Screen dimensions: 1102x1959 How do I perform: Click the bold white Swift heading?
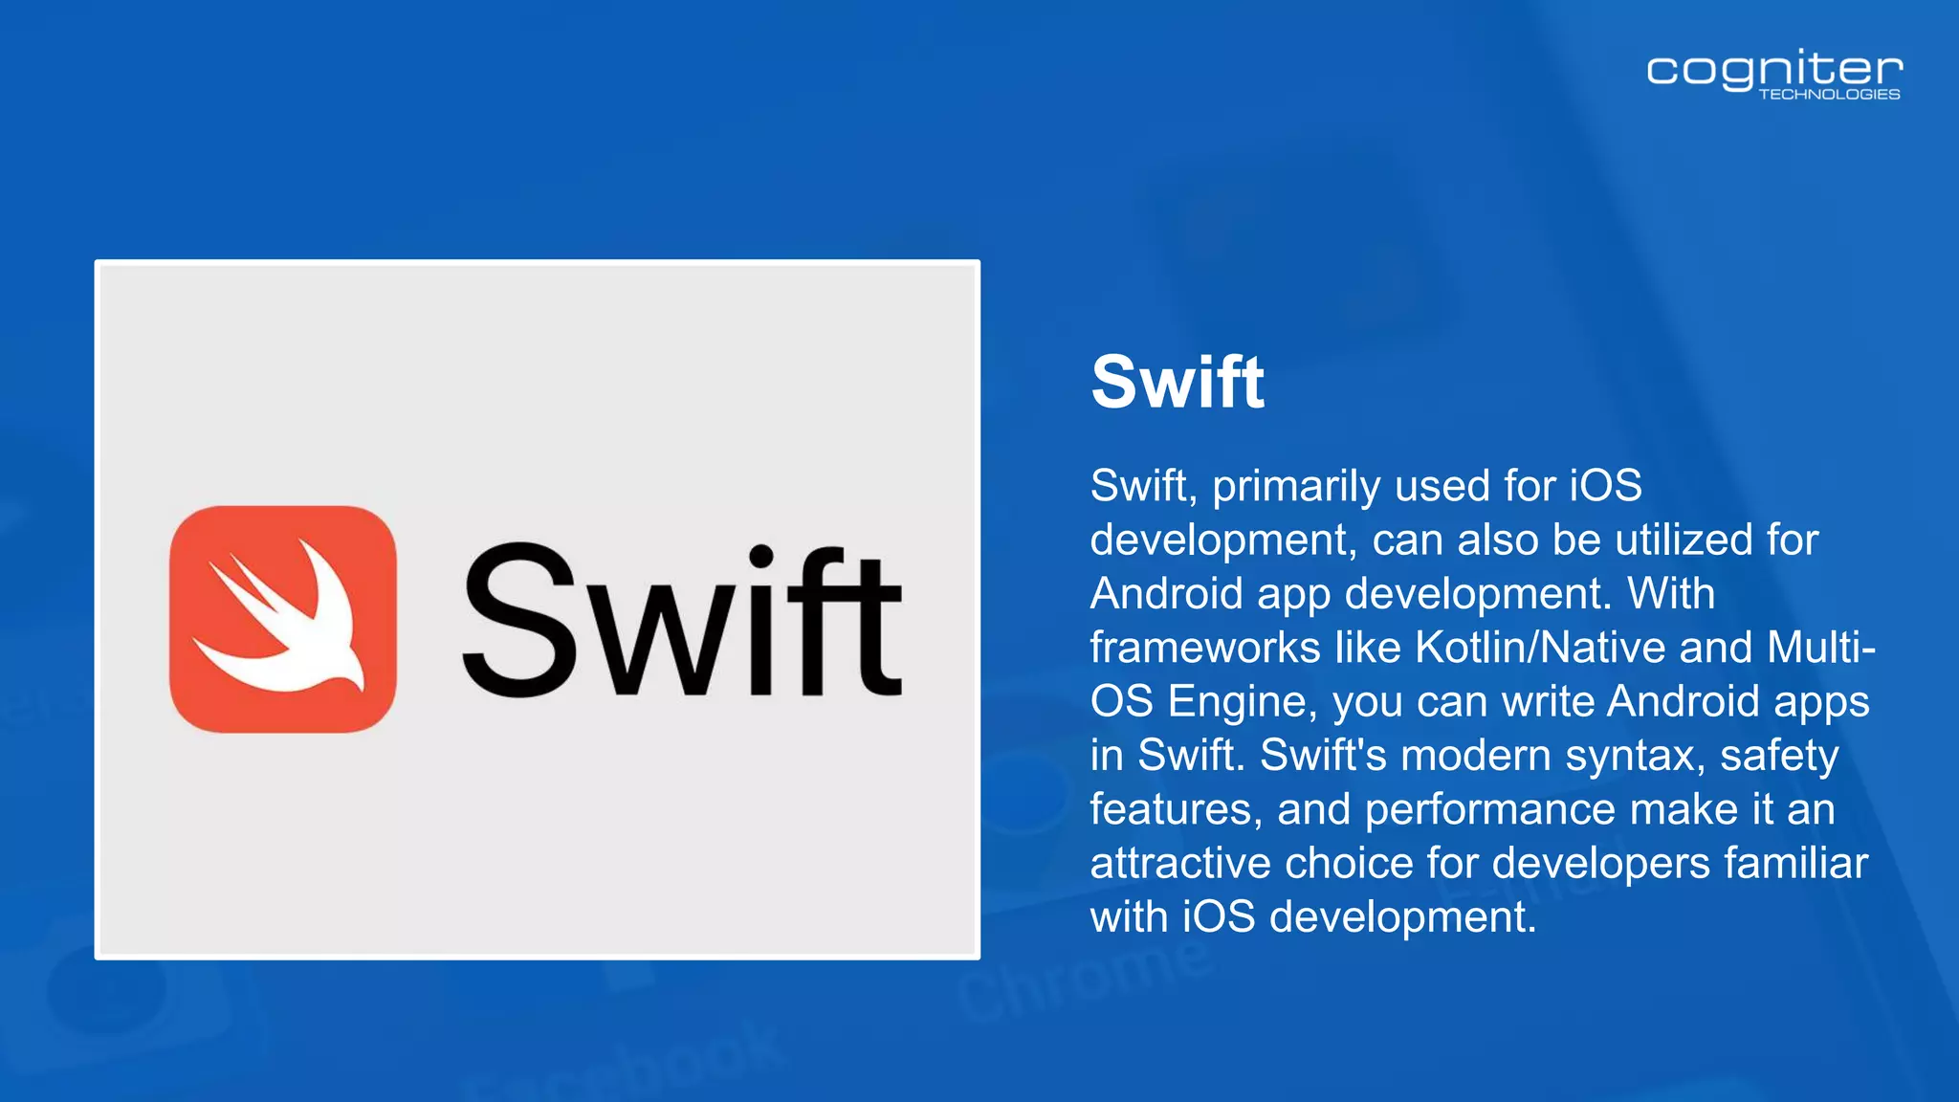[1178, 383]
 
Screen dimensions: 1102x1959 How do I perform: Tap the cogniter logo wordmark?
[1773, 71]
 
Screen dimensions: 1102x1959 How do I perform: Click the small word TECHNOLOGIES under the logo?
[1829, 95]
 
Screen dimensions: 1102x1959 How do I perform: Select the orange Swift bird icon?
[283, 619]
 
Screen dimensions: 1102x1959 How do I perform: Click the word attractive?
[1181, 864]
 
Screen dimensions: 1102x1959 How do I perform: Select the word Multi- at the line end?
[1820, 648]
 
